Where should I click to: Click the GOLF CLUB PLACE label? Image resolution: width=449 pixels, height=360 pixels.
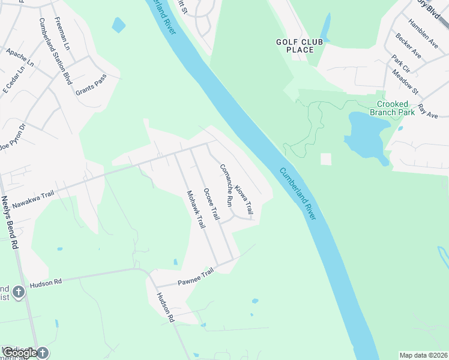tap(295, 46)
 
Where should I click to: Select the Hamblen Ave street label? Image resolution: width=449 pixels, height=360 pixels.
tap(423, 32)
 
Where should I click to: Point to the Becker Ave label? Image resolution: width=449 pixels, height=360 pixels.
tap(408, 46)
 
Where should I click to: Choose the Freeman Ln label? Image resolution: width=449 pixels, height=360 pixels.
tap(62, 33)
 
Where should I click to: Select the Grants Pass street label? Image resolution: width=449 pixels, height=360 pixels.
tap(91, 85)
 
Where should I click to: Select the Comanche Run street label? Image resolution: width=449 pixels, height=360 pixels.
tap(226, 185)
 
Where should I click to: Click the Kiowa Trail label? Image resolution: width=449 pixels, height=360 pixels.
tap(244, 200)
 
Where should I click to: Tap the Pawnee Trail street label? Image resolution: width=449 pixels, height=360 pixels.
tap(196, 277)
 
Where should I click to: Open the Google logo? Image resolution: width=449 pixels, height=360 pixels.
tap(21, 353)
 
